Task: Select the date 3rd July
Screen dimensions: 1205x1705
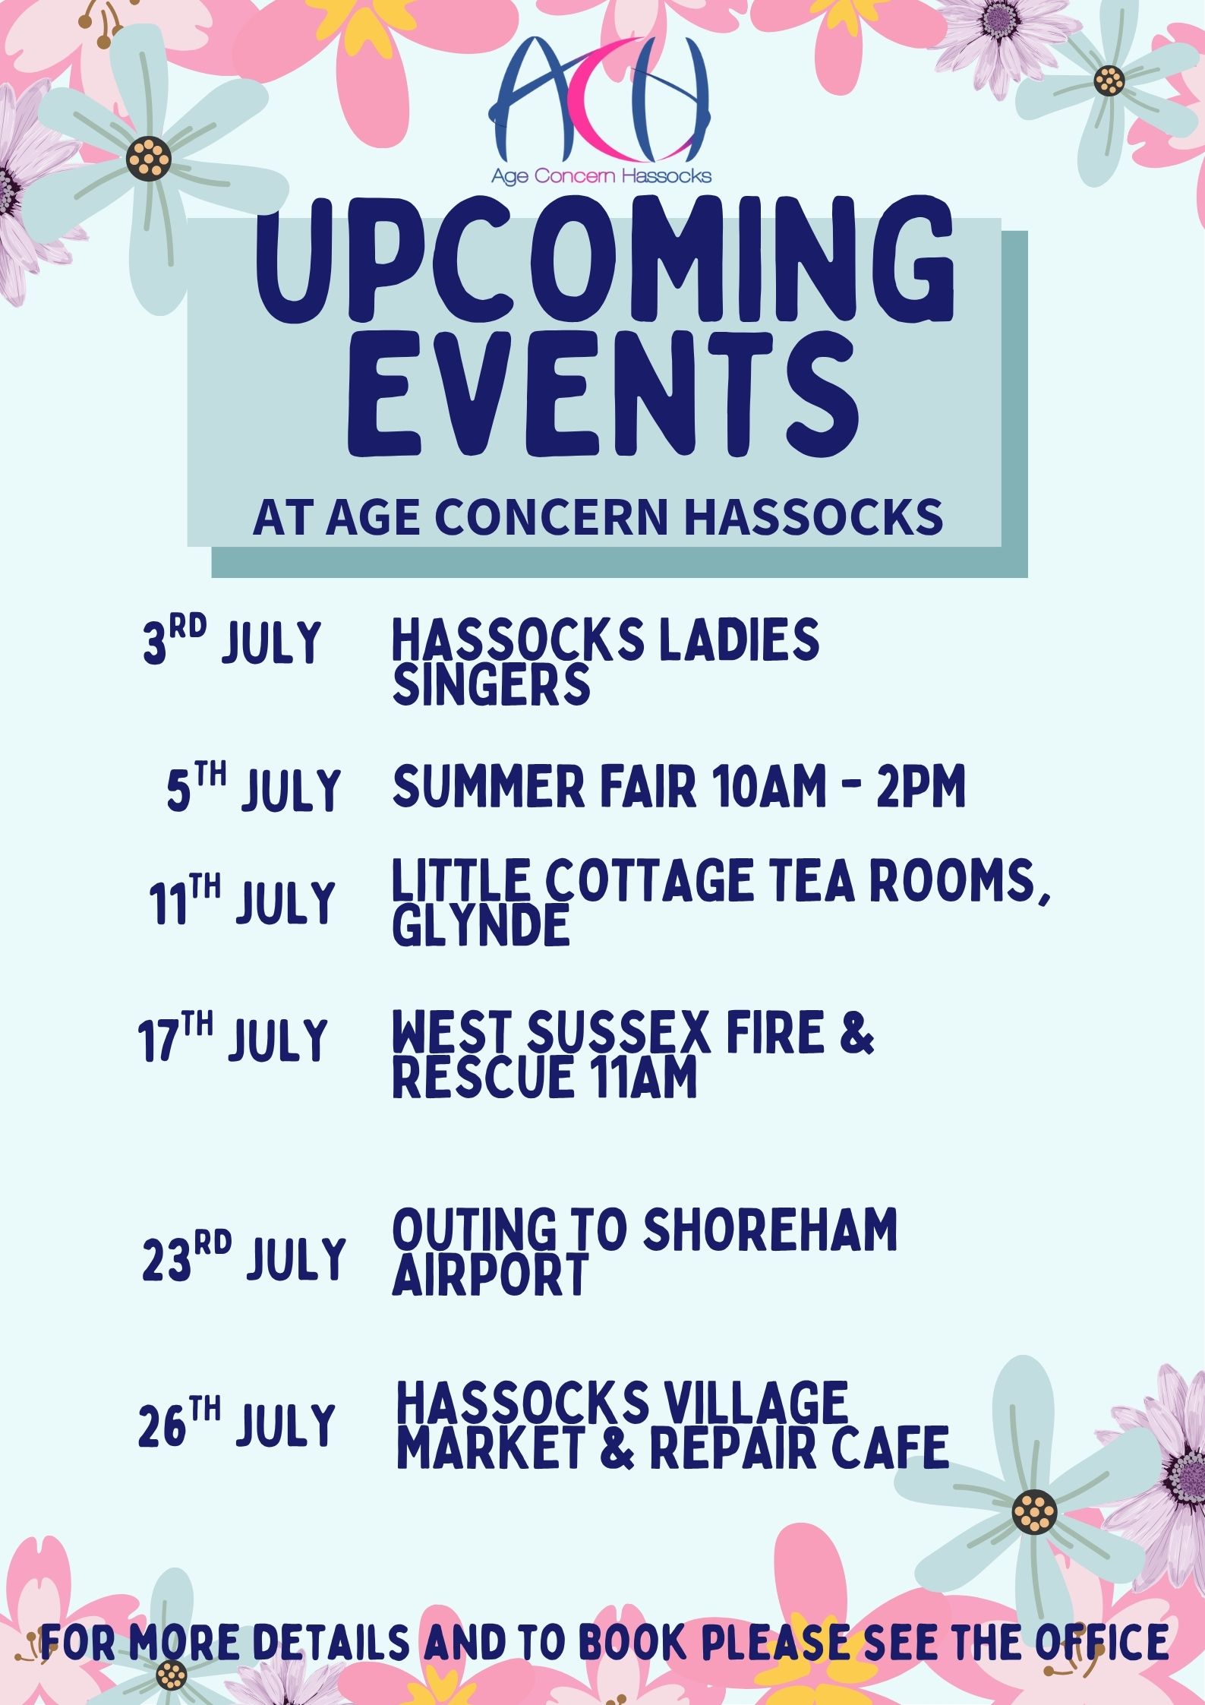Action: point(232,642)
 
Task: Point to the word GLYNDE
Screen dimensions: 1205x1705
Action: point(481,926)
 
